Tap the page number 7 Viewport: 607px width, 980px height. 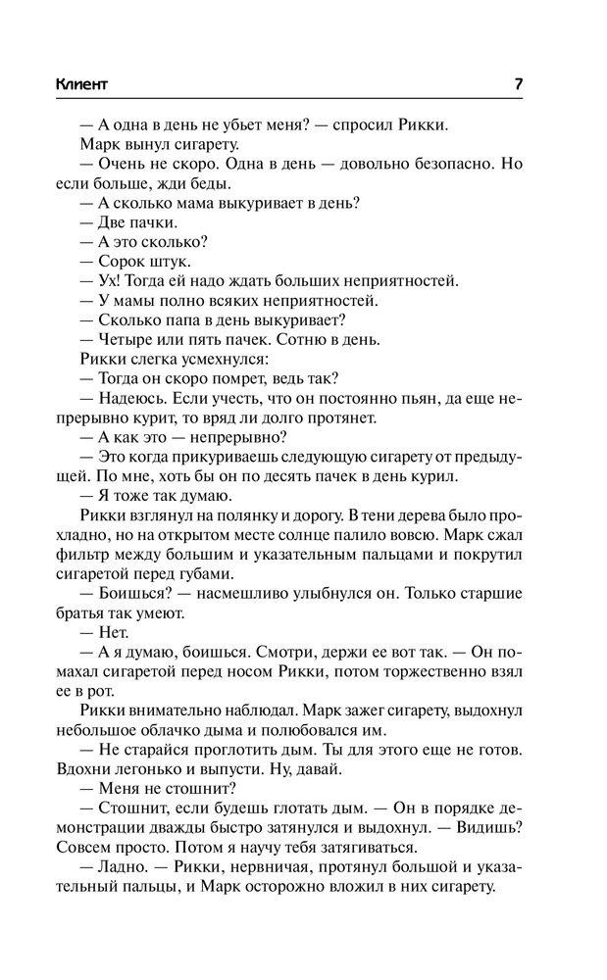tap(517, 83)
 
